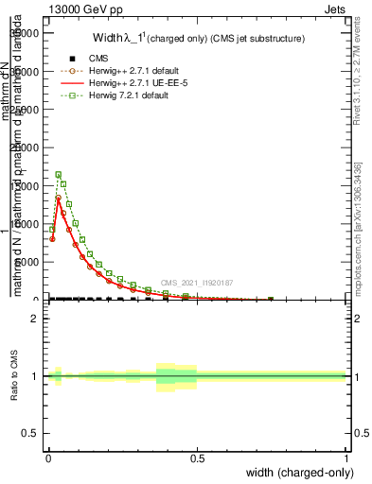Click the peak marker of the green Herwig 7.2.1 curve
pyautogui.click(x=59, y=175)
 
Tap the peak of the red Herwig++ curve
pyautogui.click(x=59, y=198)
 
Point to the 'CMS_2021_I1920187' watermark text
pyautogui.click(x=197, y=283)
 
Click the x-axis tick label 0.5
pyautogui.click(x=197, y=458)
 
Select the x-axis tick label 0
pyautogui.click(x=48, y=458)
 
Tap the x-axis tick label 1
pyautogui.click(x=345, y=458)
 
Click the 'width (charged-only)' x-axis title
pyautogui.click(x=299, y=473)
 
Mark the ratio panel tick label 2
pyautogui.click(x=34, y=319)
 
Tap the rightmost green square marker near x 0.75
pyautogui.click(x=271, y=299)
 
